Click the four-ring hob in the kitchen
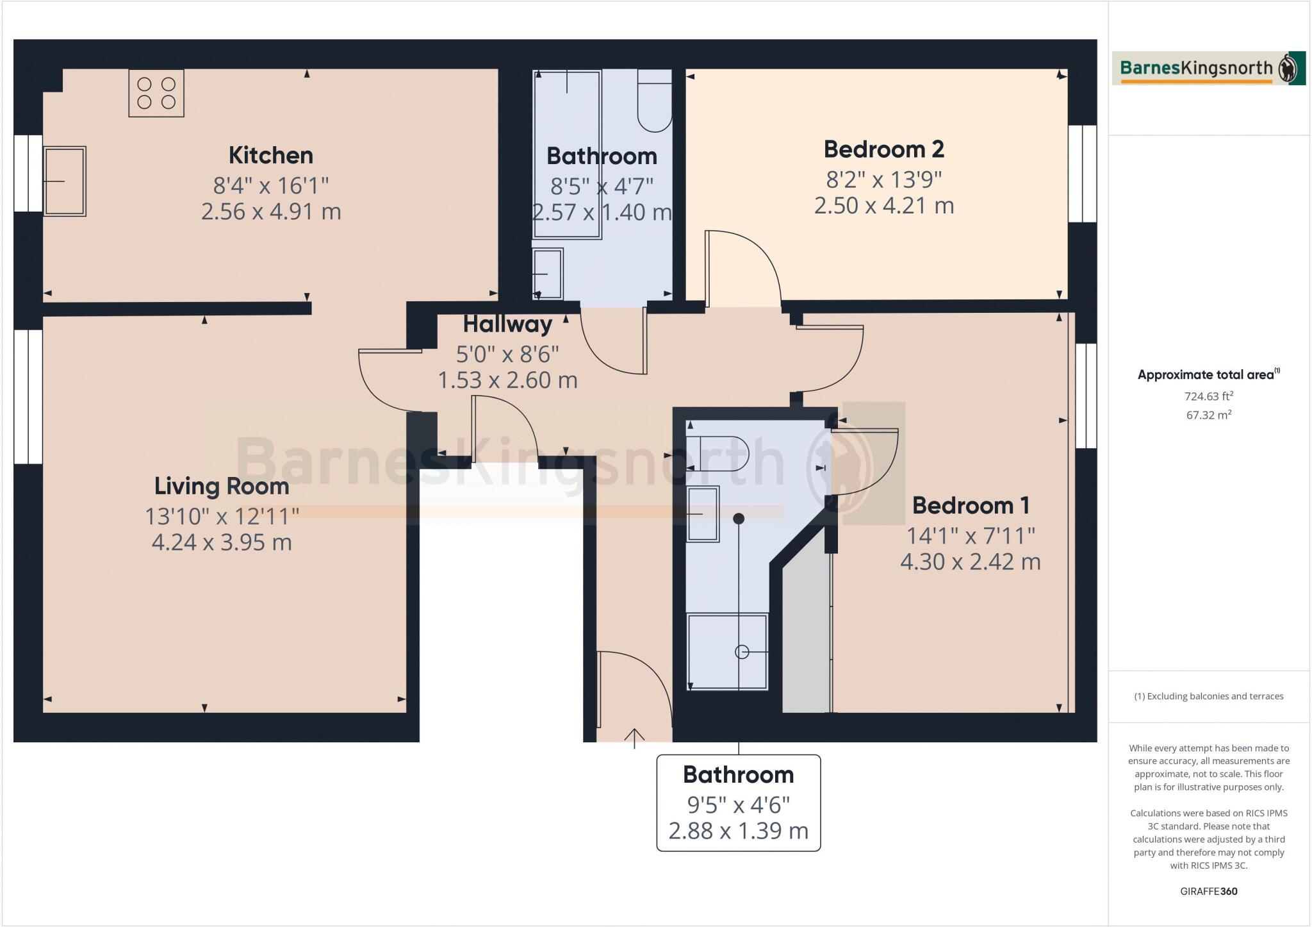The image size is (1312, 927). [x=156, y=93]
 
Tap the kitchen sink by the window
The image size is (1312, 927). [x=65, y=181]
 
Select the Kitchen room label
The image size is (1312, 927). [x=271, y=155]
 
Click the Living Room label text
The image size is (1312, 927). [x=222, y=486]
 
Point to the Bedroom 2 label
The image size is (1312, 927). [x=883, y=149]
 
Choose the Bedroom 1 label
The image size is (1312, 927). [x=971, y=505]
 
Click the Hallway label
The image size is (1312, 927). [x=507, y=324]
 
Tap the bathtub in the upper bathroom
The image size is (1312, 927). [x=567, y=154]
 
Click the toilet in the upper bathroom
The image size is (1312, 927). [x=655, y=103]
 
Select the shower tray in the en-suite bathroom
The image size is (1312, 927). [x=727, y=651]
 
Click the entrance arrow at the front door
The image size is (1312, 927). [x=634, y=738]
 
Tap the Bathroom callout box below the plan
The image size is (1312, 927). [x=738, y=803]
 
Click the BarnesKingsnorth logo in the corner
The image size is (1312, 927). [x=1208, y=69]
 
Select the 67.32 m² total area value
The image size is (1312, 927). [x=1209, y=415]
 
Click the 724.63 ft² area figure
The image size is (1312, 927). [x=1209, y=396]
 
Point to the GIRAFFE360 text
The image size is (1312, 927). [x=1209, y=891]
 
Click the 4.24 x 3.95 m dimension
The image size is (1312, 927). [x=222, y=542]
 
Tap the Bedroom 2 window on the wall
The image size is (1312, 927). [x=1083, y=173]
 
